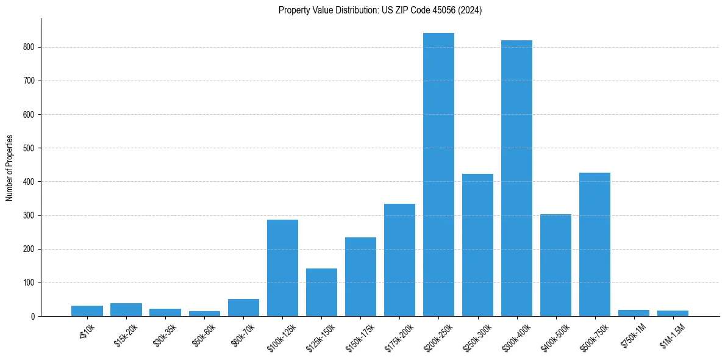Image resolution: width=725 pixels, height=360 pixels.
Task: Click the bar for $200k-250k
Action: tap(438, 175)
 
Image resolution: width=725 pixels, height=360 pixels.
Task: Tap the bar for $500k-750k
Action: tap(595, 244)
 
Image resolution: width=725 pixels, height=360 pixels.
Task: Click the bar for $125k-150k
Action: tap(321, 292)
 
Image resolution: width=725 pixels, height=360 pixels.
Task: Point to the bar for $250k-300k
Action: tap(477, 245)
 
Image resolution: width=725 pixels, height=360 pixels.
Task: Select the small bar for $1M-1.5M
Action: tap(673, 313)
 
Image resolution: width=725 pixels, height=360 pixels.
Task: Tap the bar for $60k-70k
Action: tap(243, 308)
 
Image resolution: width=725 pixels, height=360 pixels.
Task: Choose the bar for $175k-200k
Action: tap(399, 260)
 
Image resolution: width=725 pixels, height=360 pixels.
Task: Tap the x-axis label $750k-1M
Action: tap(632, 333)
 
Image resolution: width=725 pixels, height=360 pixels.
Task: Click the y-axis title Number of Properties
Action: tap(9, 168)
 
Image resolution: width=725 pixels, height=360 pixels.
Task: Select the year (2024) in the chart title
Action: tap(470, 10)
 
